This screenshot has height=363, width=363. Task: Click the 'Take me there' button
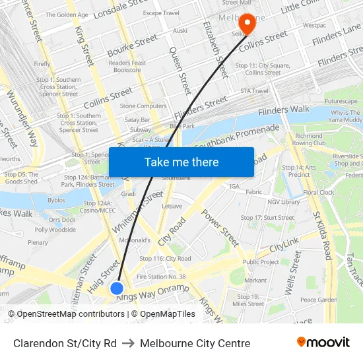tap(181, 162)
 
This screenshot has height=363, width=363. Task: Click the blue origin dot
tap(117, 288)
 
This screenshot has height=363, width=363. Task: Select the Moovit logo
tap(323, 343)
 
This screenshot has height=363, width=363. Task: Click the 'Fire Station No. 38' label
tap(160, 277)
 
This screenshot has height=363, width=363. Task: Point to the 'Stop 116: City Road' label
tap(167, 259)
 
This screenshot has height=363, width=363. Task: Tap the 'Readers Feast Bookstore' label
tap(127, 66)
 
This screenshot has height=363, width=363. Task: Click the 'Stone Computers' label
tap(143, 106)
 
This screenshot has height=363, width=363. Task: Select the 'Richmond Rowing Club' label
tap(310, 139)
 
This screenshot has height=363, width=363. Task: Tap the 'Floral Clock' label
tap(319, 193)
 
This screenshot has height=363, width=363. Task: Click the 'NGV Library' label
tap(284, 202)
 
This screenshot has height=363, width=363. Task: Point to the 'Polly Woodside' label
tap(55, 230)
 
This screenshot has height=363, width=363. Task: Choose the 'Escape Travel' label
tap(161, 13)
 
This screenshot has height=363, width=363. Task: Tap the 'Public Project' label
tap(261, 262)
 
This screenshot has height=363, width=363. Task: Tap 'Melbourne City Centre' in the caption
tap(195, 343)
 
